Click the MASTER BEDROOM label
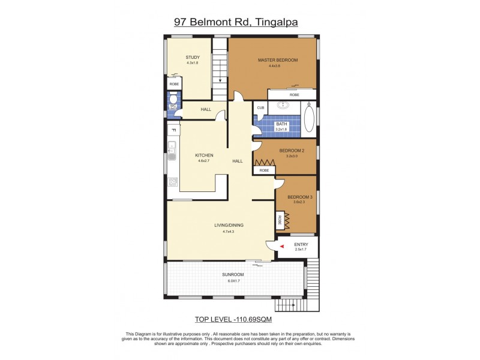pyautogui.click(x=278, y=60)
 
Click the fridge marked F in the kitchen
pyautogui.click(x=173, y=130)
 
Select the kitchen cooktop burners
pyautogui.click(x=172, y=182)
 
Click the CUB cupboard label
pyautogui.click(x=260, y=108)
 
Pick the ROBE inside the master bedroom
pyautogui.click(x=294, y=95)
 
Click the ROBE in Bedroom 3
pyautogui.click(x=280, y=221)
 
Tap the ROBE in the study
pyautogui.click(x=173, y=85)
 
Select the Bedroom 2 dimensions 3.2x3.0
pyautogui.click(x=292, y=156)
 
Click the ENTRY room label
pyautogui.click(x=301, y=244)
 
